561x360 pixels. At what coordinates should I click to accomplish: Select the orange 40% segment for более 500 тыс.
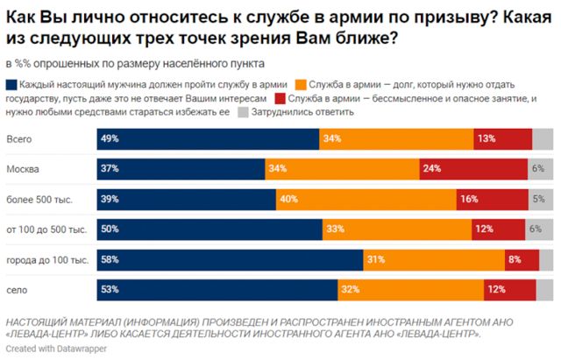tap(364, 199)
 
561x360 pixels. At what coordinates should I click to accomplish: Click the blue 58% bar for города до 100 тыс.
tap(229, 259)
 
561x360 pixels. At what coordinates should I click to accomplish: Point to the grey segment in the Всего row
tap(543, 139)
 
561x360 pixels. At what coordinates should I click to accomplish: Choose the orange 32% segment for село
tap(410, 289)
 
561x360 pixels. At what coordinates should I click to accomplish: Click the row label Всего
tap(20, 139)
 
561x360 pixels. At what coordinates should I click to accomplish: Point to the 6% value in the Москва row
tap(538, 169)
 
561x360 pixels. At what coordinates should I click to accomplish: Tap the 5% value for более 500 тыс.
tap(538, 199)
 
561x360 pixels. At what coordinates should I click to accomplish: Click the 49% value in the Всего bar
tap(110, 139)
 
